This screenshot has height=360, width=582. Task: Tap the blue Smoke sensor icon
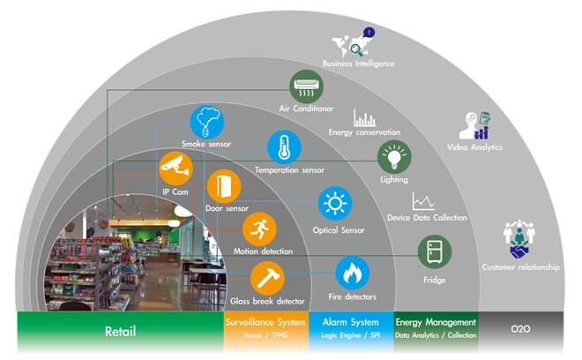coord(206,122)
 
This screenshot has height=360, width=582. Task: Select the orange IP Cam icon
coord(175,167)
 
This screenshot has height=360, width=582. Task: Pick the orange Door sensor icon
coord(223,186)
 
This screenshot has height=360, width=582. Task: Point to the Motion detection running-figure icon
coord(259,229)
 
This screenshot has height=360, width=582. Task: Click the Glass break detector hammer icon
coord(267,278)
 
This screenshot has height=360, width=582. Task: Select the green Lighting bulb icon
coord(394,156)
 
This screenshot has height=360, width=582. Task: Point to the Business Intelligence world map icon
coord(351,42)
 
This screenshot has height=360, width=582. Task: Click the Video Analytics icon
coord(475,124)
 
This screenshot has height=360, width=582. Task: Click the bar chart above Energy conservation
coord(365,117)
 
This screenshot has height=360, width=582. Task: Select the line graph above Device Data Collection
coord(424,201)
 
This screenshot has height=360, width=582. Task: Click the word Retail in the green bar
coord(120,334)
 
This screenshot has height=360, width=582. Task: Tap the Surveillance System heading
coord(265,322)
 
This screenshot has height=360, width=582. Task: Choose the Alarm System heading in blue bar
coord(350,322)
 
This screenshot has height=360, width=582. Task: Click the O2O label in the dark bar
coord(521,331)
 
